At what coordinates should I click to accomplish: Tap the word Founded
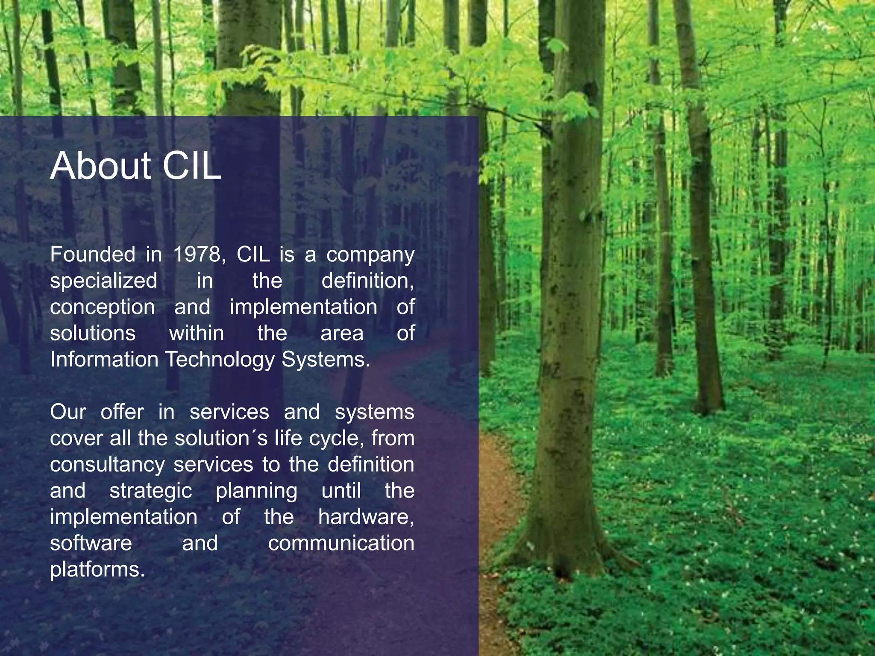click(93, 255)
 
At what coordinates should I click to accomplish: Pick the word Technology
click(220, 360)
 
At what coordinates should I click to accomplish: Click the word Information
click(104, 360)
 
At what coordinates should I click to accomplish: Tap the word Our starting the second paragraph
click(68, 413)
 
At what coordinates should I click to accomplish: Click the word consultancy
click(107, 465)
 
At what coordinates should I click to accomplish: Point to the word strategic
click(151, 491)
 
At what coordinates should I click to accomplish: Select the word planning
click(256, 491)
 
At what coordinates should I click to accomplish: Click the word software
click(91, 543)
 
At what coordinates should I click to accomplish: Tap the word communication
click(341, 543)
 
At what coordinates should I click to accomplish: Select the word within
click(197, 334)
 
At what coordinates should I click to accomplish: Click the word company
click(370, 255)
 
